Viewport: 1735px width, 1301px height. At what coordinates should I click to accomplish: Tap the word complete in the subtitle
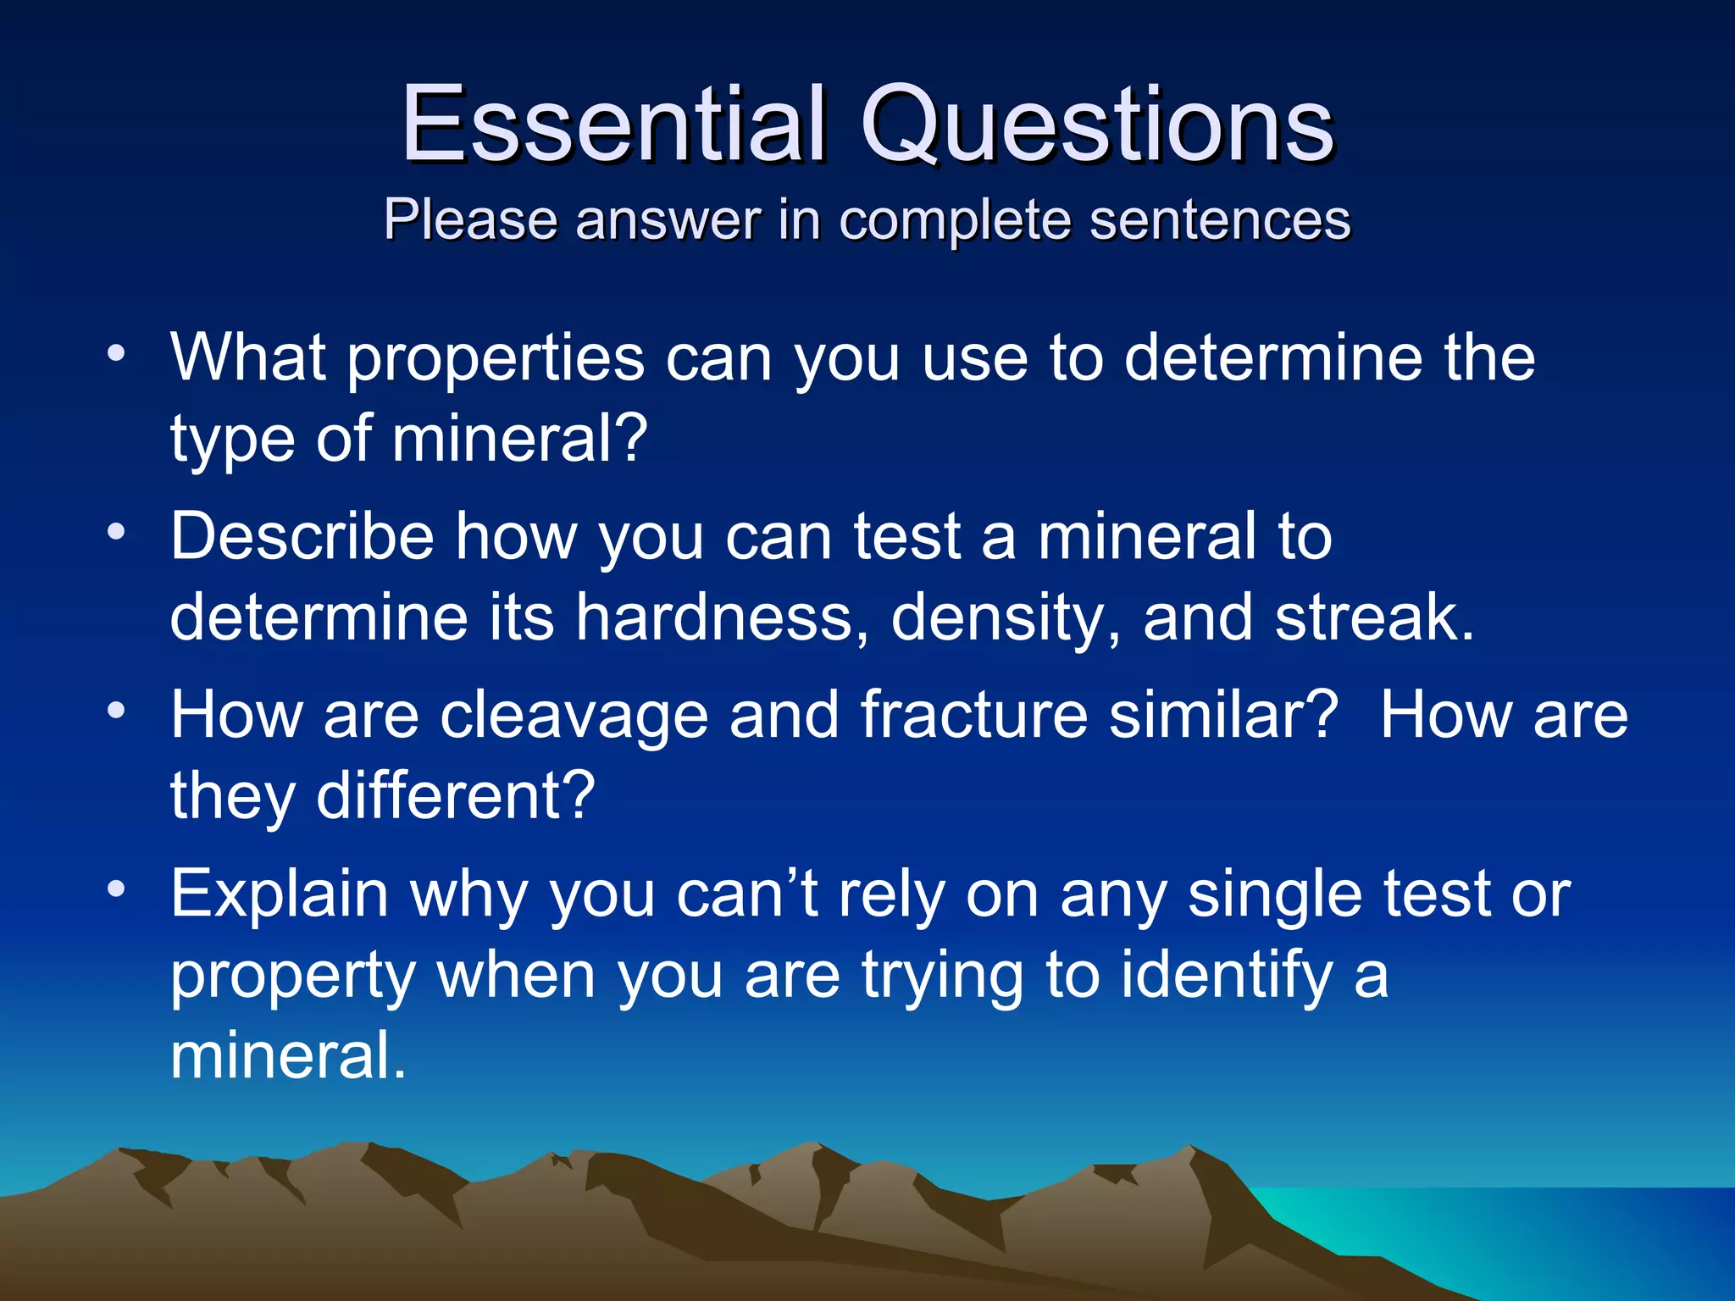(954, 220)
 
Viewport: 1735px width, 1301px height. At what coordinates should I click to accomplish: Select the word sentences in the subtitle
(1219, 220)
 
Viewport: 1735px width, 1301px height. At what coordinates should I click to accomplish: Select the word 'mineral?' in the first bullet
(519, 439)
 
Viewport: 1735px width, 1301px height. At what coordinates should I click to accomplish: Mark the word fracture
(973, 715)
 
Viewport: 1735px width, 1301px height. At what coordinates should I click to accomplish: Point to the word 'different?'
(456, 795)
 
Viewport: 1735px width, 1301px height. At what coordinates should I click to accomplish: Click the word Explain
(279, 896)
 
